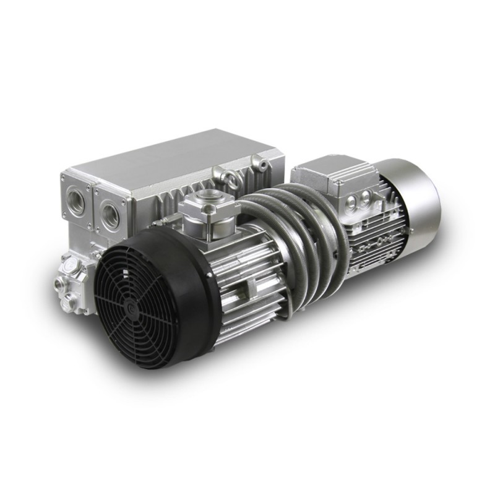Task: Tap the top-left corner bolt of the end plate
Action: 64,179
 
